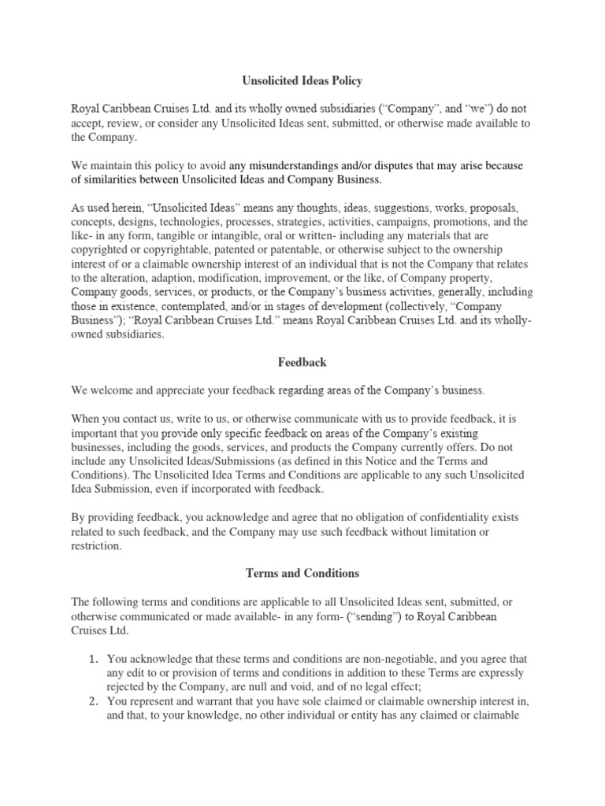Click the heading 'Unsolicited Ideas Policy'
tap(302, 81)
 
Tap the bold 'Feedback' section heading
tap(302, 363)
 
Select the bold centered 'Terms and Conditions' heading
tap(302, 574)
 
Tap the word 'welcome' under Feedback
tap(109, 390)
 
